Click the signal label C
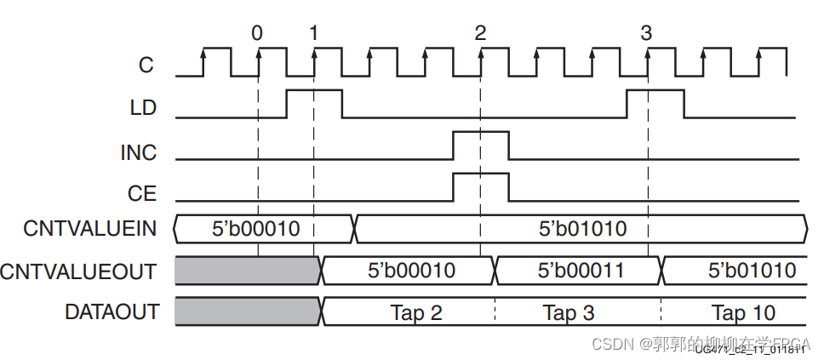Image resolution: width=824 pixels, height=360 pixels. [x=146, y=63]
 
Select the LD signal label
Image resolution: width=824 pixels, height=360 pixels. [x=141, y=108]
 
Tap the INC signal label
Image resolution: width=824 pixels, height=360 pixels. [x=138, y=152]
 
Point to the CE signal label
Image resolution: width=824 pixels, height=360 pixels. [x=142, y=194]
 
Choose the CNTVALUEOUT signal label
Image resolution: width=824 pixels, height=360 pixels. [x=79, y=271]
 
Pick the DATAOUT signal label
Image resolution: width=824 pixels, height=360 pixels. [x=112, y=312]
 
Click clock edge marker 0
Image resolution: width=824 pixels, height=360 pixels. [x=257, y=33]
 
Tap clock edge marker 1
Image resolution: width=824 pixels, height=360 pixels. [x=313, y=33]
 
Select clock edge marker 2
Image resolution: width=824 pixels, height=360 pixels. [x=480, y=33]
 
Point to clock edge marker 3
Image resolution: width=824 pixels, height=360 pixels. [x=646, y=33]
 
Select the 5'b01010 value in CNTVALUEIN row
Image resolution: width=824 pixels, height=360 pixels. [x=583, y=228]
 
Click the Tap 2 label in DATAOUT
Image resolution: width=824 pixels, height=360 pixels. [x=416, y=312]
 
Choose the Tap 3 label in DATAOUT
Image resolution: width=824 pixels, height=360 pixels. [x=569, y=312]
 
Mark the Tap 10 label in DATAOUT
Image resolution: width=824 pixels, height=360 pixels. [x=743, y=312]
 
